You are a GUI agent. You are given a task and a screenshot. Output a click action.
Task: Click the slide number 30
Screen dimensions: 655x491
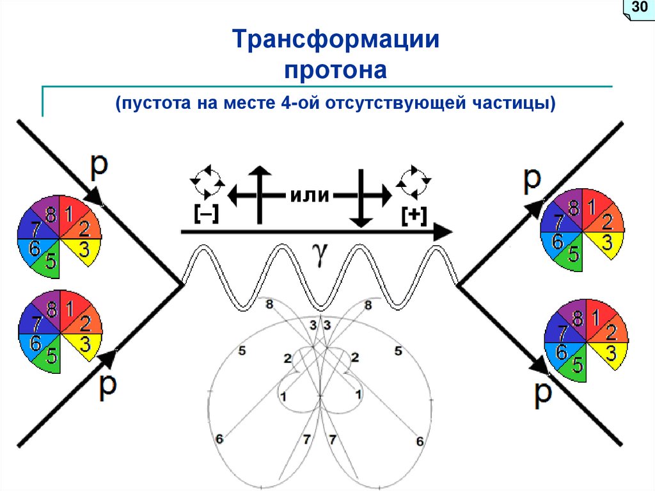(x=638, y=8)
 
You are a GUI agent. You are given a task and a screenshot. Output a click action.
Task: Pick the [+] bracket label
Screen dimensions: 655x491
(x=414, y=216)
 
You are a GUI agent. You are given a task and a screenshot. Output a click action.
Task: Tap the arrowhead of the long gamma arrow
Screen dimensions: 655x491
(x=441, y=233)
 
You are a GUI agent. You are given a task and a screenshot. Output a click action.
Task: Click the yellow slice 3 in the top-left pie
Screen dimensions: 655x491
(x=85, y=251)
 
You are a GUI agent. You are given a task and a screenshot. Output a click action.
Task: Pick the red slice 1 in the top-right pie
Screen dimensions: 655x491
(x=592, y=207)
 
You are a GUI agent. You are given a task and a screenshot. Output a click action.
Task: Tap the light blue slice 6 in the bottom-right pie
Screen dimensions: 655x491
(x=561, y=351)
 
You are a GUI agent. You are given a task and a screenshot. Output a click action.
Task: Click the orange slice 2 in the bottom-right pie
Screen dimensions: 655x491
(x=611, y=332)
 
